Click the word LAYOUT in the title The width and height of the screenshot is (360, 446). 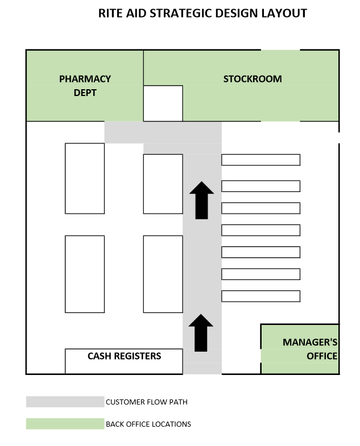[283, 14]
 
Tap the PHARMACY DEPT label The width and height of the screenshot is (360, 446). [85, 85]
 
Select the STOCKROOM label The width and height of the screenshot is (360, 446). [252, 79]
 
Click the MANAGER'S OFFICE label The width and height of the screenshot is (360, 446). [311, 349]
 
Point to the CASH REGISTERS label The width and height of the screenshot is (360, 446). [124, 356]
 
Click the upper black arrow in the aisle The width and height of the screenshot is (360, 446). [201, 200]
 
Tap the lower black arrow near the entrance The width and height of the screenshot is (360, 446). [201, 333]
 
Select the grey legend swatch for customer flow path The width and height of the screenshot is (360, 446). [65, 402]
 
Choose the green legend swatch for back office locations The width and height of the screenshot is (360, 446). [65, 424]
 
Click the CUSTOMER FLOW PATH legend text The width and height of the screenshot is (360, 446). [146, 402]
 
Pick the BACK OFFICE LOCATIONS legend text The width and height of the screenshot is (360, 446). [148, 424]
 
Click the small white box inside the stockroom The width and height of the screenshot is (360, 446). [163, 103]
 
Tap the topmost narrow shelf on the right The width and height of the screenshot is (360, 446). [260, 160]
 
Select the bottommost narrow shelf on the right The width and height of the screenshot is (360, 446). [260, 296]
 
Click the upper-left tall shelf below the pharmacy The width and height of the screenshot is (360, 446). [85, 178]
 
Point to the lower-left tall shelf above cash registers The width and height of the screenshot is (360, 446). [85, 274]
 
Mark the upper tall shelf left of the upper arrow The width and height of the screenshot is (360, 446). [163, 184]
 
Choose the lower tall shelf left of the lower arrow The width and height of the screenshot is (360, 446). [163, 274]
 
